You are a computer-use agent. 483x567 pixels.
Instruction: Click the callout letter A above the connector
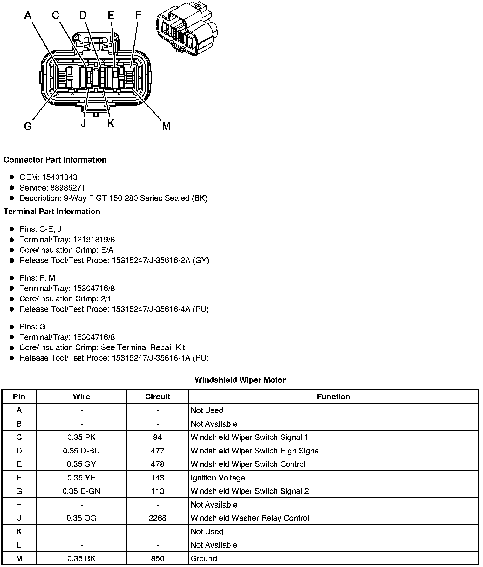tap(28, 15)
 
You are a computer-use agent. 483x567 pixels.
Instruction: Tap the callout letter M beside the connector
tap(166, 126)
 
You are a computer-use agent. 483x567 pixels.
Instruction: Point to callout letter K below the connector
tap(111, 123)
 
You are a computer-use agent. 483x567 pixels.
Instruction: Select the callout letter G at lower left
tap(28, 127)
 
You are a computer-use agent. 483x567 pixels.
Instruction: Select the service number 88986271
tap(68, 188)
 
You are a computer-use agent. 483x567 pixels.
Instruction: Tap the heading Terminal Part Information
tap(52, 212)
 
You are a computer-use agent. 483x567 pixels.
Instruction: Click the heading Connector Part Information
tap(55, 160)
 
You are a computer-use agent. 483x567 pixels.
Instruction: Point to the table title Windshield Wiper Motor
tap(240, 380)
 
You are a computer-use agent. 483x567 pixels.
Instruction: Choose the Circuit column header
tap(157, 397)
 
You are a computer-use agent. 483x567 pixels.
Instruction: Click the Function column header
tap(333, 397)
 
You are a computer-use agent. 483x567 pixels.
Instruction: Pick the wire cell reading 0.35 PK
tap(81, 437)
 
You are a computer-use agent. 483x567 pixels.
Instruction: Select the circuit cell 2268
tap(157, 518)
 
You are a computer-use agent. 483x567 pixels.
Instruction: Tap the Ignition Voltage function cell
tap(218, 478)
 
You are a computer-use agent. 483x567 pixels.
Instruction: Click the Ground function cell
tap(204, 558)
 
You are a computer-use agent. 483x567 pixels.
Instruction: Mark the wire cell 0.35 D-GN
tap(81, 491)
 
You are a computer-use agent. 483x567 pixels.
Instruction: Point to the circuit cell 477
tap(157, 451)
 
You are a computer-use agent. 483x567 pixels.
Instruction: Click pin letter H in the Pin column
tap(19, 505)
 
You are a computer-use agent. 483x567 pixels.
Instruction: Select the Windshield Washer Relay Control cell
tap(250, 518)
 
